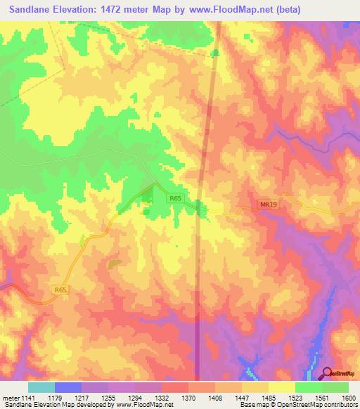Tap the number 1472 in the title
(127, 10)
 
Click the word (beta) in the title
(288, 10)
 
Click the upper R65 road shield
(176, 200)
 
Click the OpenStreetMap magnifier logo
(328, 373)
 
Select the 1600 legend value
(349, 398)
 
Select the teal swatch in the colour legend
(41, 387)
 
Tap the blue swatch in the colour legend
(68, 387)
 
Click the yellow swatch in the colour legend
(281, 387)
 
